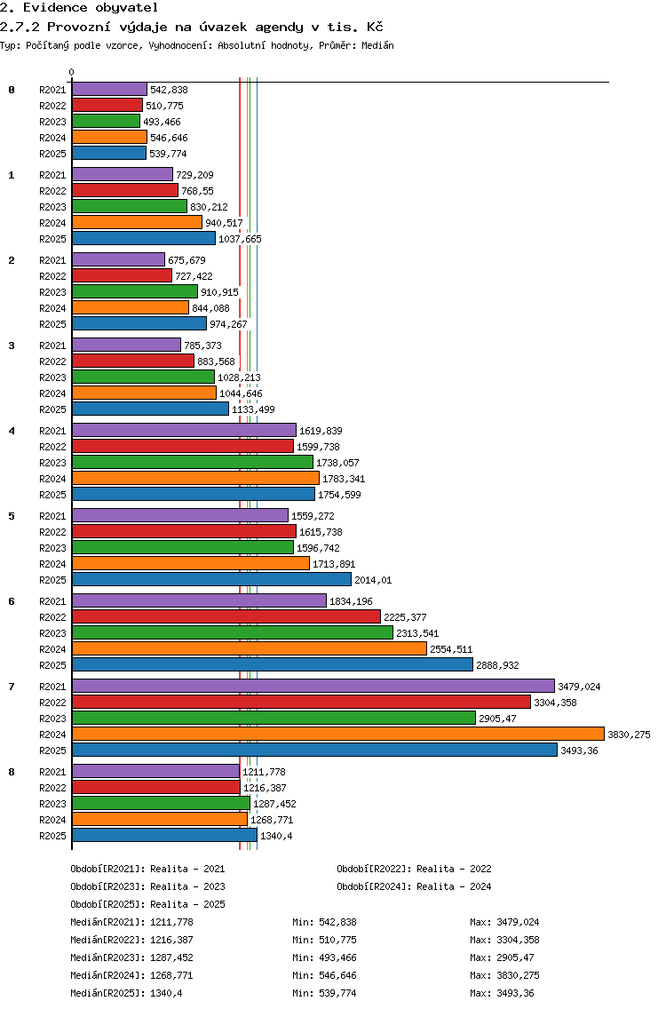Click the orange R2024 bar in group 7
338,735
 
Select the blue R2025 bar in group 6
273,664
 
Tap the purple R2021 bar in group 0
109,90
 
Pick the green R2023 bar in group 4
193,462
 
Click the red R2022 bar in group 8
156,787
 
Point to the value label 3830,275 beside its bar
630,735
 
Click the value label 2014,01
373,580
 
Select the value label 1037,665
240,240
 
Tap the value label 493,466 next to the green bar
163,123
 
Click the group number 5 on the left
12,516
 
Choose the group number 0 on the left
12,90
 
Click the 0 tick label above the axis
71,72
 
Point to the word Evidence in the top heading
55,8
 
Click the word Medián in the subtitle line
377,45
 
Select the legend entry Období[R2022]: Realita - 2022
414,869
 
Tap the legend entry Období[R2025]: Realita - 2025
148,904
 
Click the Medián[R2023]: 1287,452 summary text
132,957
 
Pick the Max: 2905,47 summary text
502,957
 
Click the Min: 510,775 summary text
324,940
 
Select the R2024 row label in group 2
52,308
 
